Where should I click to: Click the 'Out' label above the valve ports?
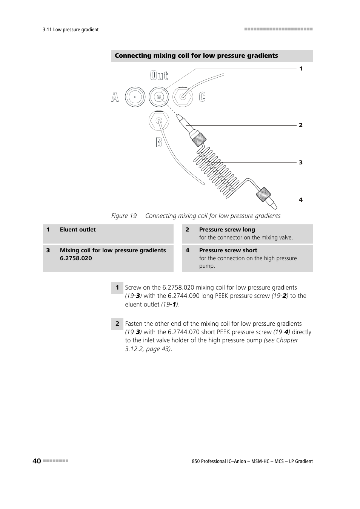click(159, 75)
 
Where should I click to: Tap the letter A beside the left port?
click(115, 97)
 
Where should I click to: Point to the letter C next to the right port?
click(202, 97)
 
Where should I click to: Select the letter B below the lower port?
click(159, 142)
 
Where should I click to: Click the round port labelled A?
click(135, 97)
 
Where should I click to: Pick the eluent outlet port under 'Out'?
click(159, 97)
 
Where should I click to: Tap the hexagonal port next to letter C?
click(183, 97)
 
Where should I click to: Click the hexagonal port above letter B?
click(159, 121)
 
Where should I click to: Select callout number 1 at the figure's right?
click(301, 69)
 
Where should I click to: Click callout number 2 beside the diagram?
click(301, 125)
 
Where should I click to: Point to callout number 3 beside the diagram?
click(301, 163)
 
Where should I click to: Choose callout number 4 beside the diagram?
click(301, 200)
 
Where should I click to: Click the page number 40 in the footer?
click(37, 461)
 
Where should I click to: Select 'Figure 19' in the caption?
click(124, 216)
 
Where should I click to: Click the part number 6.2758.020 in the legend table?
click(76, 258)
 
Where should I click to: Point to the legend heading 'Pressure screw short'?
click(228, 250)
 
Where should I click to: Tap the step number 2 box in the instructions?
click(117, 323)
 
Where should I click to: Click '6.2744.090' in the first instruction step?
click(183, 296)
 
